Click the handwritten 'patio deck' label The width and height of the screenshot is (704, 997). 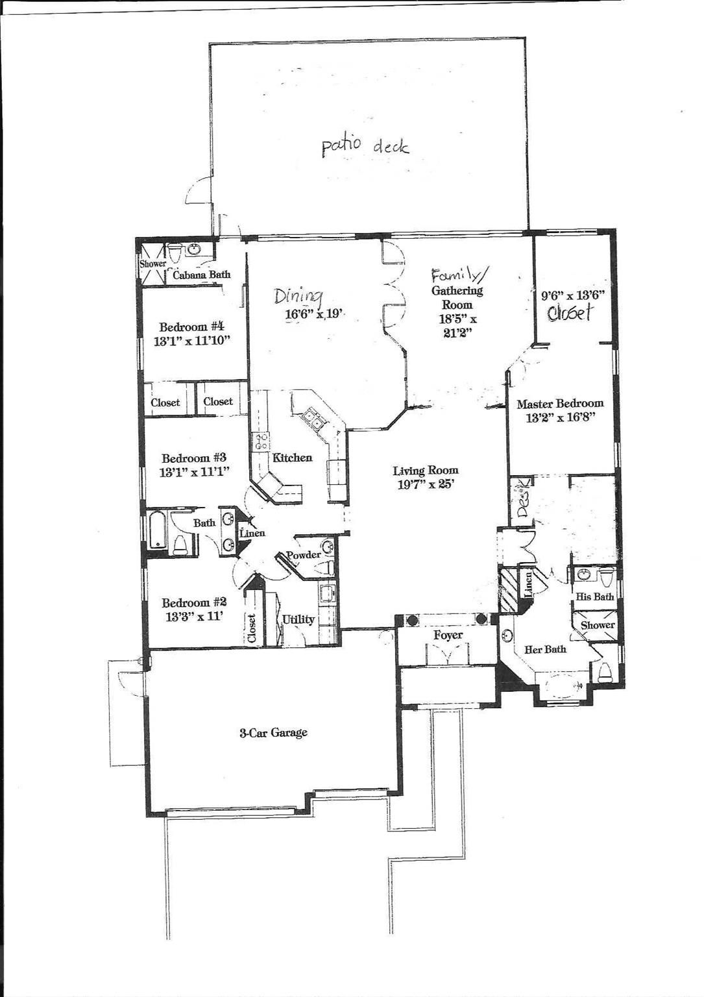tap(365, 146)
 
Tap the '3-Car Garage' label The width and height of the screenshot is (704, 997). tap(273, 732)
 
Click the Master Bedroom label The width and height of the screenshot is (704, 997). tap(560, 404)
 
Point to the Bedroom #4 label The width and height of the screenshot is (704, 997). tap(191, 327)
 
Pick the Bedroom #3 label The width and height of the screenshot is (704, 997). tap(194, 458)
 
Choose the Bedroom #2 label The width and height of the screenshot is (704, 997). tap(194, 602)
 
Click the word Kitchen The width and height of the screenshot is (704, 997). tap(293, 457)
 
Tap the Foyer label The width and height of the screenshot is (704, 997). tap(448, 635)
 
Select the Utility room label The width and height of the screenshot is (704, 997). tap(298, 619)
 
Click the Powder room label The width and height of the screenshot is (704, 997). tap(304, 554)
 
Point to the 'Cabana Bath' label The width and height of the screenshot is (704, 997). tap(202, 275)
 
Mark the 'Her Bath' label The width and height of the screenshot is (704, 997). tap(545, 649)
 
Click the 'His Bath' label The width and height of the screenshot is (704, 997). tap(594, 597)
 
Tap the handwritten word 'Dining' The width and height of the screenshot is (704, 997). tap(298, 296)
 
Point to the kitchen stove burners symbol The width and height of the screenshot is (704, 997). tap(260, 441)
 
